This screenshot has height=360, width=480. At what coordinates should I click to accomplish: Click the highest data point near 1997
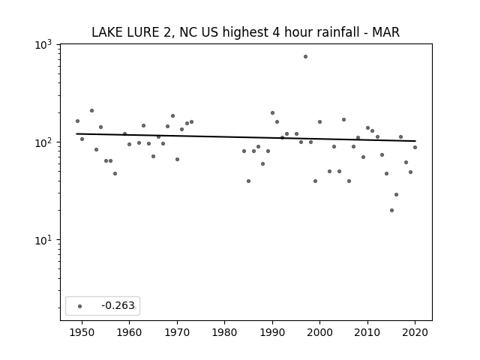click(305, 57)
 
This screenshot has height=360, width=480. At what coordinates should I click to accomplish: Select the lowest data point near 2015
click(391, 210)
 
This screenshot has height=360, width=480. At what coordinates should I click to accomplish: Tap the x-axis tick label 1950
click(82, 332)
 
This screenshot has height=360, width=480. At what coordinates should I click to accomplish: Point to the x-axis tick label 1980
click(224, 332)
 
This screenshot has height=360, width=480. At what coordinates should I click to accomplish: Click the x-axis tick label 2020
click(415, 332)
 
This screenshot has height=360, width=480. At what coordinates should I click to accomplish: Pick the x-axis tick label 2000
click(319, 332)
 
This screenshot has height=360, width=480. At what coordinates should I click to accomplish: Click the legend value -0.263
click(118, 305)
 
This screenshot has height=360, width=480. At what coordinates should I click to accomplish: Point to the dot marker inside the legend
click(80, 306)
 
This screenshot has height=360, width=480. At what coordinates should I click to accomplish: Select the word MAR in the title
click(385, 32)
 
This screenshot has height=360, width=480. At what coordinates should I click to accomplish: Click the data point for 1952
click(91, 110)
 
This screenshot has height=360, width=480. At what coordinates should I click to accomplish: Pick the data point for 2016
click(397, 195)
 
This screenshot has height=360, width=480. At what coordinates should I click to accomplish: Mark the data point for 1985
click(248, 181)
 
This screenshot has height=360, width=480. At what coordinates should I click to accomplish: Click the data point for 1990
click(272, 113)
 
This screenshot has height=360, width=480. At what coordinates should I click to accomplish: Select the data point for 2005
click(343, 120)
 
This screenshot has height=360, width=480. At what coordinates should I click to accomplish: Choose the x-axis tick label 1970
click(177, 332)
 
